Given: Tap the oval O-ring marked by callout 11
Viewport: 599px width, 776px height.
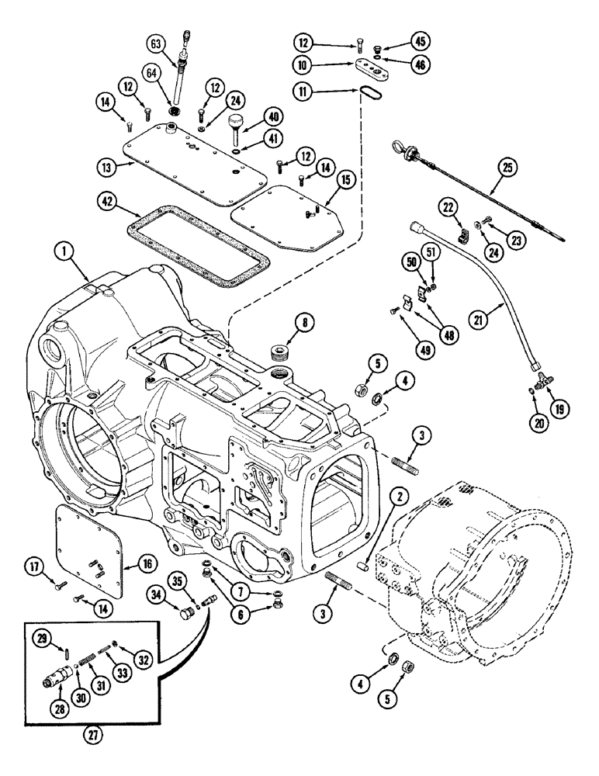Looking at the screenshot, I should tap(365, 93).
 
